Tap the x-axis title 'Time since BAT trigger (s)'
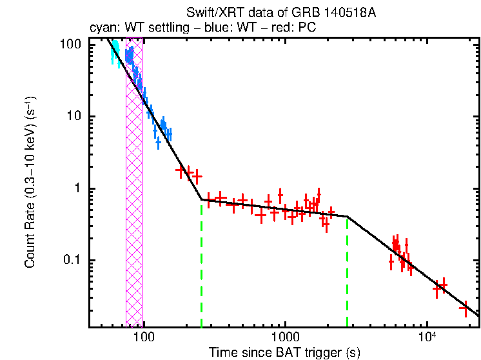(x=284, y=352)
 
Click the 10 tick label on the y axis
(x=74, y=116)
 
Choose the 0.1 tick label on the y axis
(x=72, y=260)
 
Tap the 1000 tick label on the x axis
(x=284, y=338)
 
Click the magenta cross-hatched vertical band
(x=134, y=194)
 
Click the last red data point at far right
(x=464, y=308)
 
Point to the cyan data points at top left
(x=115, y=50)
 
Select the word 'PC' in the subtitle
(x=308, y=28)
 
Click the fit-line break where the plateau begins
(x=202, y=199)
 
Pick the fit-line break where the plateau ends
(x=348, y=216)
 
